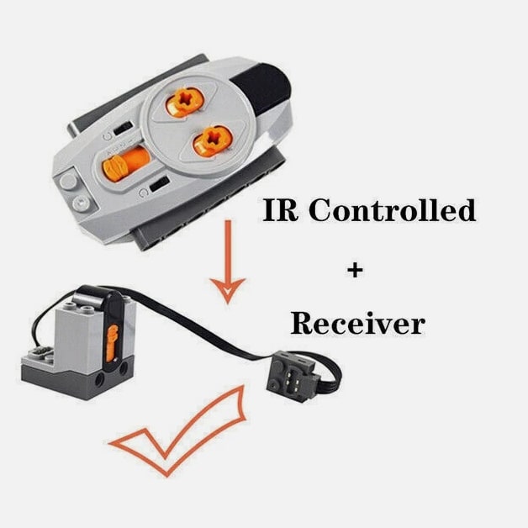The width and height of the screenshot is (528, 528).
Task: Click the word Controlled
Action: (392, 210)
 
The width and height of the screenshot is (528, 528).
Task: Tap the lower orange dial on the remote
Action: (212, 139)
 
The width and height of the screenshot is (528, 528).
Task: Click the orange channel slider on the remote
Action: (126, 161)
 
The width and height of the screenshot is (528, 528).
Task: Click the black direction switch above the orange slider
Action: (124, 128)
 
